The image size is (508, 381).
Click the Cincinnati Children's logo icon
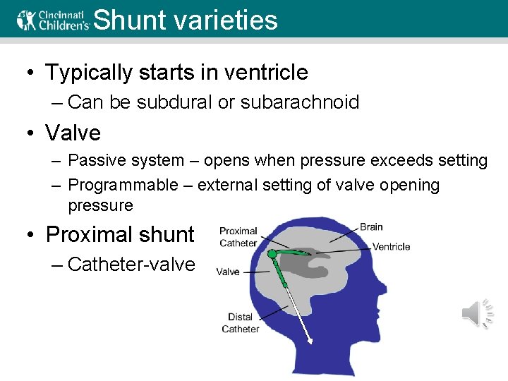pyautogui.click(x=26, y=19)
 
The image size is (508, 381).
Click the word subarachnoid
pyautogui.click(x=300, y=102)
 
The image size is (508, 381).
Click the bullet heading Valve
pyautogui.click(x=73, y=133)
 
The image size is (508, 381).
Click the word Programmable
pyautogui.click(x=123, y=186)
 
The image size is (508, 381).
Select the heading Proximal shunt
pyautogui.click(x=119, y=234)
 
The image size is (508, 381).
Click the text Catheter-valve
pyautogui.click(x=131, y=265)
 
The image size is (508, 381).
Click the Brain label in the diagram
pyautogui.click(x=371, y=226)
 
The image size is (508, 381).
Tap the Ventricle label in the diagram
pyautogui.click(x=391, y=247)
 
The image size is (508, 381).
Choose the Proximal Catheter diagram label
pyautogui.click(x=238, y=237)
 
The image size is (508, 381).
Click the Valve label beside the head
pyautogui.click(x=228, y=272)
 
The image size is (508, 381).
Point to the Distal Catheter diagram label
pyautogui.click(x=240, y=323)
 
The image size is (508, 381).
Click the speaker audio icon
pyautogui.click(x=477, y=313)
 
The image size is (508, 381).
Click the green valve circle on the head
pyautogui.click(x=271, y=253)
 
